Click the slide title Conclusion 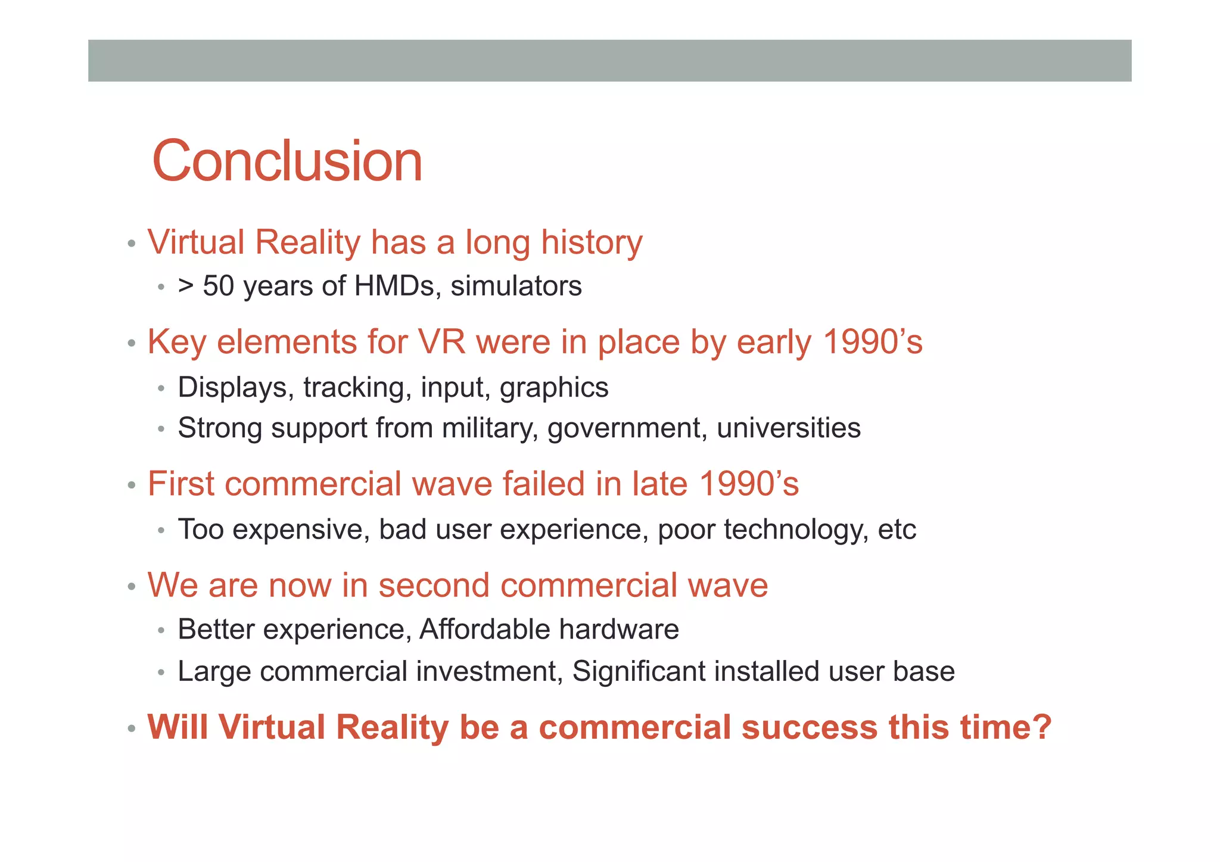coord(287,161)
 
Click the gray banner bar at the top coord(609,61)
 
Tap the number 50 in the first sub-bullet coord(218,286)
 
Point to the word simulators coord(516,286)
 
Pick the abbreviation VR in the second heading coord(441,343)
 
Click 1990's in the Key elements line coord(872,343)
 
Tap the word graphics coord(554,388)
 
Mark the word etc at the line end coord(897,530)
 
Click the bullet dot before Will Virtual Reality coord(132,729)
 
